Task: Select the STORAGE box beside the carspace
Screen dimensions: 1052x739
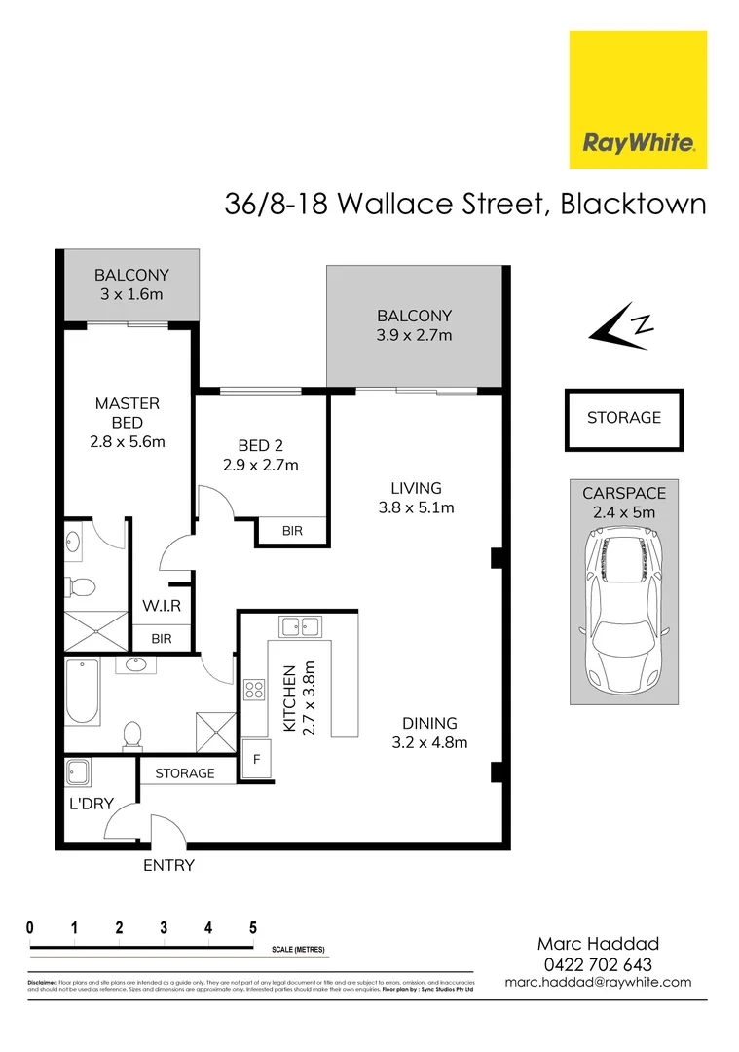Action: pos(624,418)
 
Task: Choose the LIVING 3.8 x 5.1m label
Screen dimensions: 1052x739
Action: pos(416,497)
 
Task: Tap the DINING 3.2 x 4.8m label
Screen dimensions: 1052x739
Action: pos(429,733)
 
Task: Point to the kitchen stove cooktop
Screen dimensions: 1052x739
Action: pos(254,690)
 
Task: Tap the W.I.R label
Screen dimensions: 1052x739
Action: pos(162,606)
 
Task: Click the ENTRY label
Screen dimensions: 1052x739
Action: pos(168,865)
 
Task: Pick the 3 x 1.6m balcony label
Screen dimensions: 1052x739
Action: pos(131,283)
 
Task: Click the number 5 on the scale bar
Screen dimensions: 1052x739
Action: pos(252,927)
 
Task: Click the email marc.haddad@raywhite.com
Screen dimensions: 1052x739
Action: pos(598,982)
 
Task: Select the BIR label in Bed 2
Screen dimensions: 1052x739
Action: pos(291,531)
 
